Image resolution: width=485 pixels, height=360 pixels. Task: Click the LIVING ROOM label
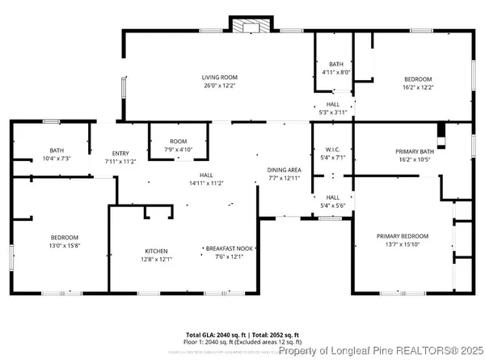point(219,77)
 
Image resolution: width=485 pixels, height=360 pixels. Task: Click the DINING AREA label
point(284,169)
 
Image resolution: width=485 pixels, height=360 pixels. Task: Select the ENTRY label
point(120,153)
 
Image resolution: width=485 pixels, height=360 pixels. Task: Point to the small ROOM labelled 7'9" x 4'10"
point(178,141)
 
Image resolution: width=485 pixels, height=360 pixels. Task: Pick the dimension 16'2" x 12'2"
point(418,87)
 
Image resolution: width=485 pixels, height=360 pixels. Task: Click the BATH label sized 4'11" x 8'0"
point(335,65)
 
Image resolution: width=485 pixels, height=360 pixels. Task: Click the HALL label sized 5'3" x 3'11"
point(333,104)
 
